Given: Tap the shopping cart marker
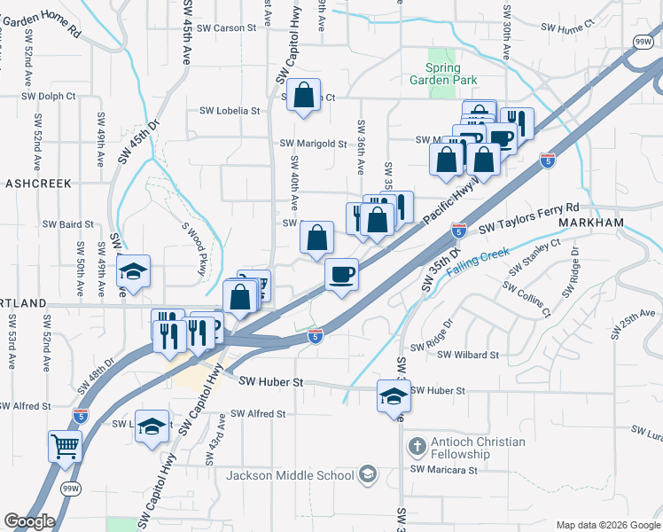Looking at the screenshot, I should (65, 445).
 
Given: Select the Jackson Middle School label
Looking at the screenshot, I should (290, 475).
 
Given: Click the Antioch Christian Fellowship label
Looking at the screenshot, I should (478, 448).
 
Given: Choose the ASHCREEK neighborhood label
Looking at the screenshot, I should (37, 182).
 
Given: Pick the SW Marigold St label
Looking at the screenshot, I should (313, 143).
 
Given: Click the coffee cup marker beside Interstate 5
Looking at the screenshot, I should (341, 273).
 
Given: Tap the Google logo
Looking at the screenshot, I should (29, 520).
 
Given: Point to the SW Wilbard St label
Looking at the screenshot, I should (468, 355).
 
